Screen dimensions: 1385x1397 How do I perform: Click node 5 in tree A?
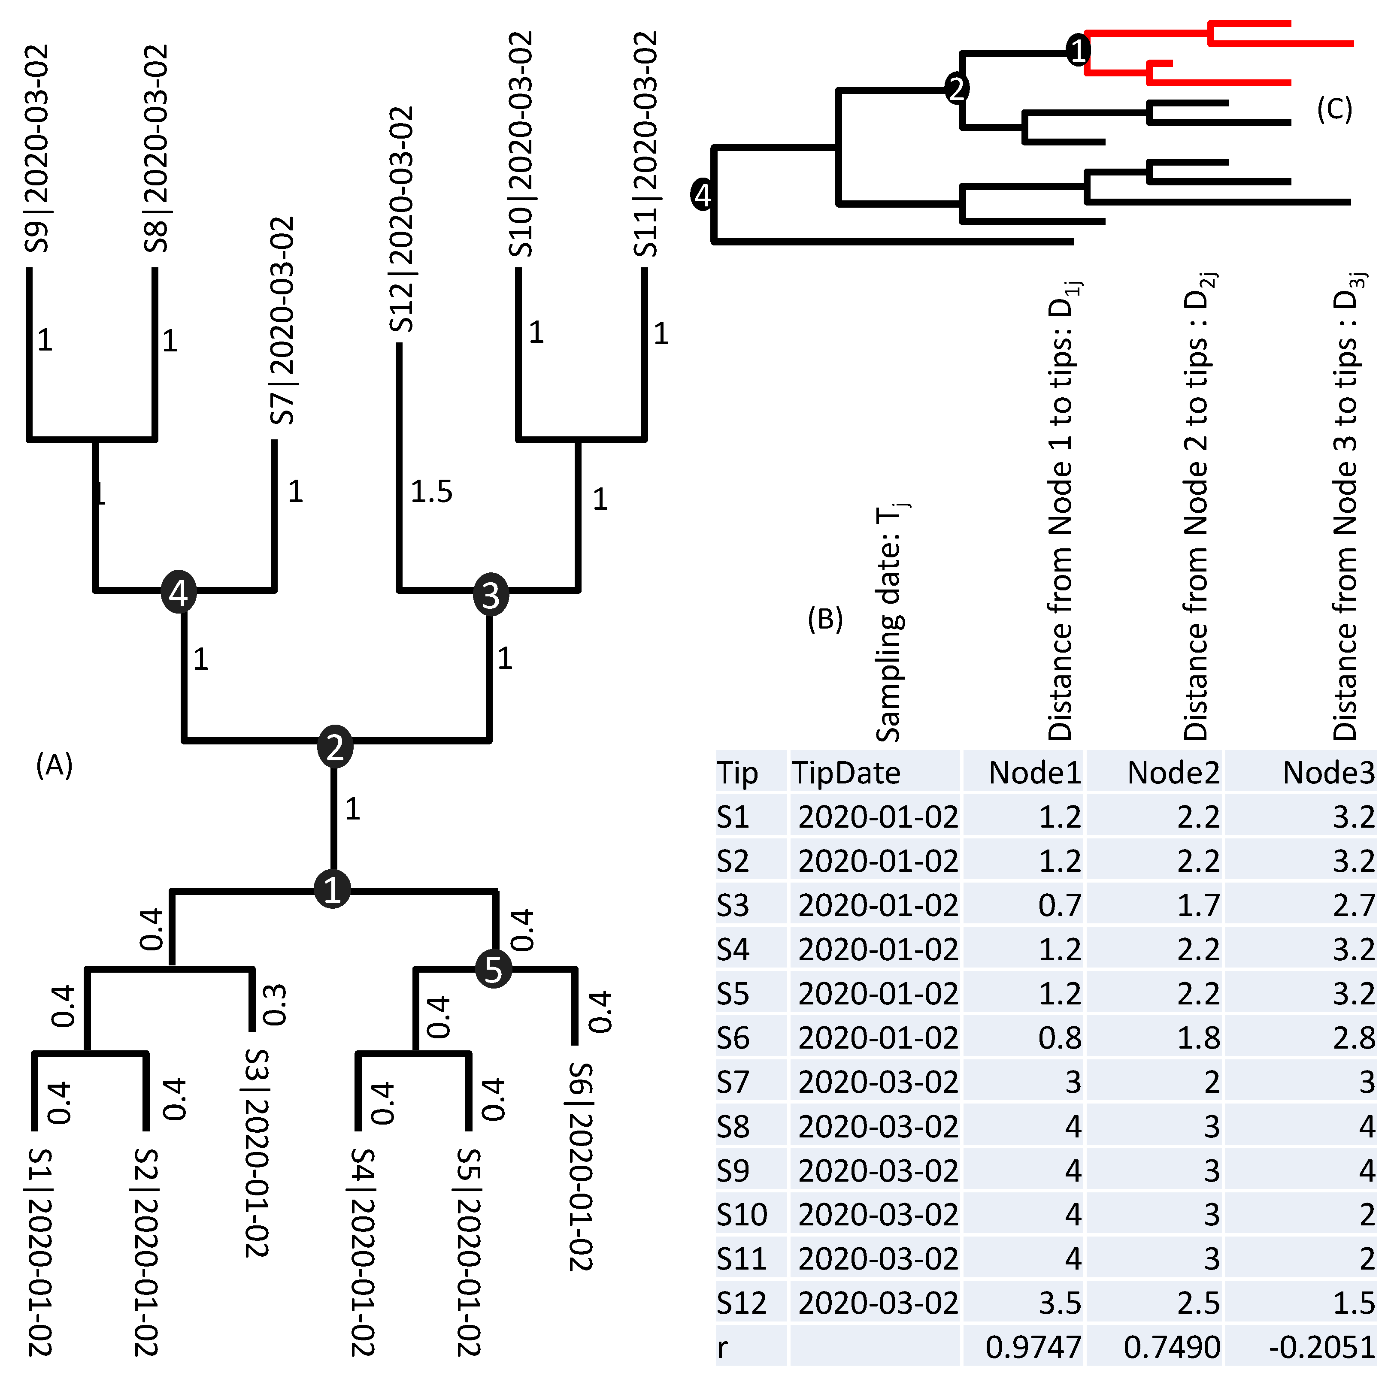click(493, 969)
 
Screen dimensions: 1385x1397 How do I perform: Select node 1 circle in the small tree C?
click(1077, 51)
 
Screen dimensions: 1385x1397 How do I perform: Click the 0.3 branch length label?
click(275, 1005)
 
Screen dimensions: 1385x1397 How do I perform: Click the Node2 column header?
click(1173, 773)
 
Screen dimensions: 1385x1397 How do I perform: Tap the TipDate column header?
click(846, 773)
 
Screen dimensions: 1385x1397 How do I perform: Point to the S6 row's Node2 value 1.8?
click(1198, 1038)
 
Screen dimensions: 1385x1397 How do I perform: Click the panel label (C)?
click(1334, 109)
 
